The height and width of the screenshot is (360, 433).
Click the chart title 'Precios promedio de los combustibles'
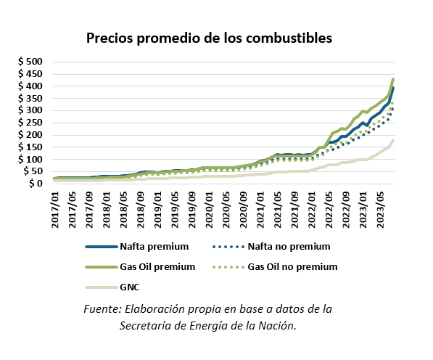(210, 37)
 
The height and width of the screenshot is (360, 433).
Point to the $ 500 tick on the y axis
(31, 62)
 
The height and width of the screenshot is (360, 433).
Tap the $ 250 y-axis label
(31, 123)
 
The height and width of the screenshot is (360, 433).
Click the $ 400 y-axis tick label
(31, 86)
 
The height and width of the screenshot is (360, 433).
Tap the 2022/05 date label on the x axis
(329, 210)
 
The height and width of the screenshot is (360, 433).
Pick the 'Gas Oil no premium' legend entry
(292, 266)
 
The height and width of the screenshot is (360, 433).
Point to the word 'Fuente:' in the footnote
(102, 309)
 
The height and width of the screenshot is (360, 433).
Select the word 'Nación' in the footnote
(279, 325)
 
